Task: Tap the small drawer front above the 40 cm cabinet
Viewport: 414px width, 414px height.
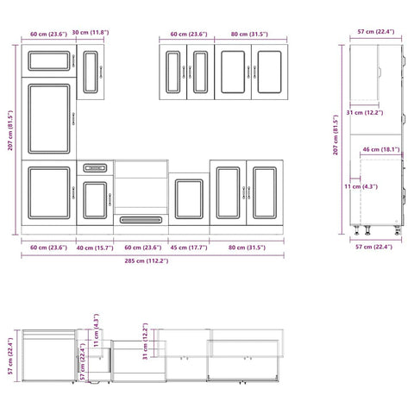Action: (95, 167)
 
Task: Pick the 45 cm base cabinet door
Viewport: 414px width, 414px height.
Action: (188, 199)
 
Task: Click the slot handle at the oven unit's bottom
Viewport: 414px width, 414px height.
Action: (140, 221)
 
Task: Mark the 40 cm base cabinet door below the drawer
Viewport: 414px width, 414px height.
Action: (95, 199)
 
